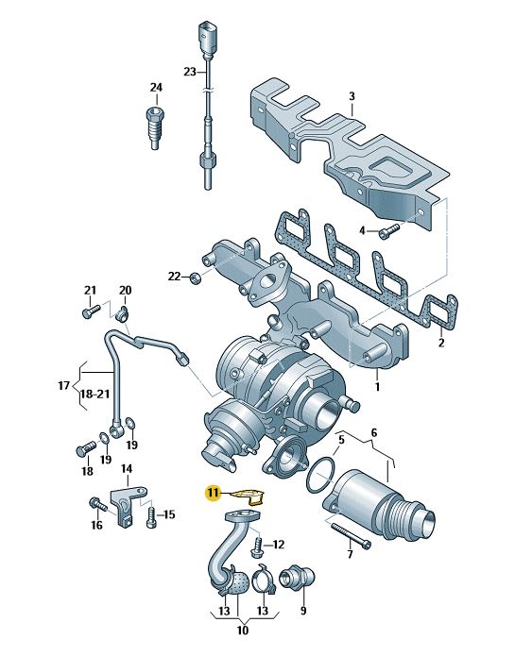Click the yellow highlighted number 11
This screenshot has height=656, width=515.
pos(214,493)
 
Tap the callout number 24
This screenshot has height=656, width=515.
pos(156,88)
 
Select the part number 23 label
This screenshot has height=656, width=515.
pos(190,72)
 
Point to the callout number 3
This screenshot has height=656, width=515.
pos(352,96)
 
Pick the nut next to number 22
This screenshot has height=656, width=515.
pos(195,277)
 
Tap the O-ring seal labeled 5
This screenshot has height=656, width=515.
pos(321,476)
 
